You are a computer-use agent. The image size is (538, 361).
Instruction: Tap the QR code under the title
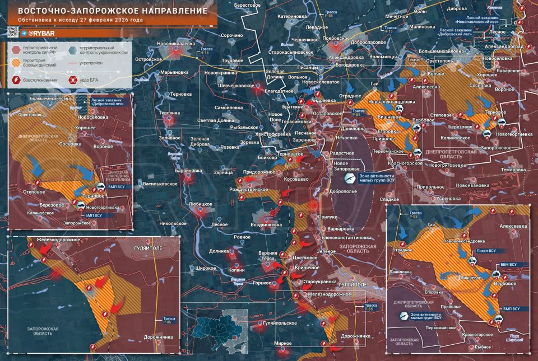[14, 32]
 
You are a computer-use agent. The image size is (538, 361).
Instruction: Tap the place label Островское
[149, 58]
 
